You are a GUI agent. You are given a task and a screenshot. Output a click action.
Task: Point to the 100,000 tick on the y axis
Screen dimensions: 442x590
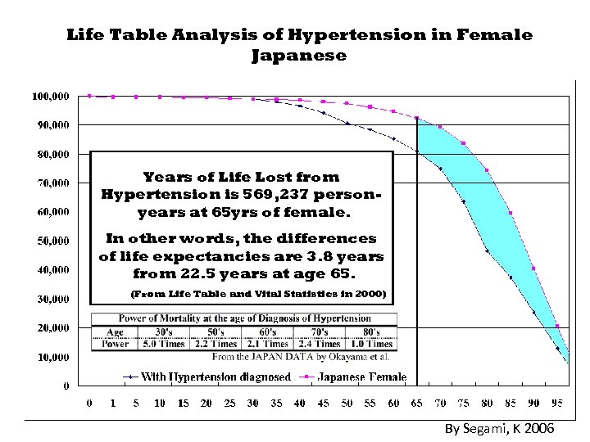50,96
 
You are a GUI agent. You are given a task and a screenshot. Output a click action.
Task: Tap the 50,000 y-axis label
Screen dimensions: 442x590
50,241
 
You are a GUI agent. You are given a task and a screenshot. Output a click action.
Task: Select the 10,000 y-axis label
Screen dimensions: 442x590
50,357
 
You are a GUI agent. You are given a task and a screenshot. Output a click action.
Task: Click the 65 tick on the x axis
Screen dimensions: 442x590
417,403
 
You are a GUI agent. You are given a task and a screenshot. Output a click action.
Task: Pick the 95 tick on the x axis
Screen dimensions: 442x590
556,403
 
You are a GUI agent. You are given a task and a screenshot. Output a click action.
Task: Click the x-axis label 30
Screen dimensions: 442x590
253,403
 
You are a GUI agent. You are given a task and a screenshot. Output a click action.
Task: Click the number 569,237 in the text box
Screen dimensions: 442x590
274,195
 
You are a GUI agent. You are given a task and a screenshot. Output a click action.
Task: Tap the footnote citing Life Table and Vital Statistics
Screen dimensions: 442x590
258,293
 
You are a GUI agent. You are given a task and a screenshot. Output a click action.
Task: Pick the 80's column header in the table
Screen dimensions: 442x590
370,333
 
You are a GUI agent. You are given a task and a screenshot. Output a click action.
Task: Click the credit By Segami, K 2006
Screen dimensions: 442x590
500,429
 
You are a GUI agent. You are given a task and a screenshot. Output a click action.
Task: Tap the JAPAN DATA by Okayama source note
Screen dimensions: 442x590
300,356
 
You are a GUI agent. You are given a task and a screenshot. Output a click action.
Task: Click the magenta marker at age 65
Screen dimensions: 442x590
417,118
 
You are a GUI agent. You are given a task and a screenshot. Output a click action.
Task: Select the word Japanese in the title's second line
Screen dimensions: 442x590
298,56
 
